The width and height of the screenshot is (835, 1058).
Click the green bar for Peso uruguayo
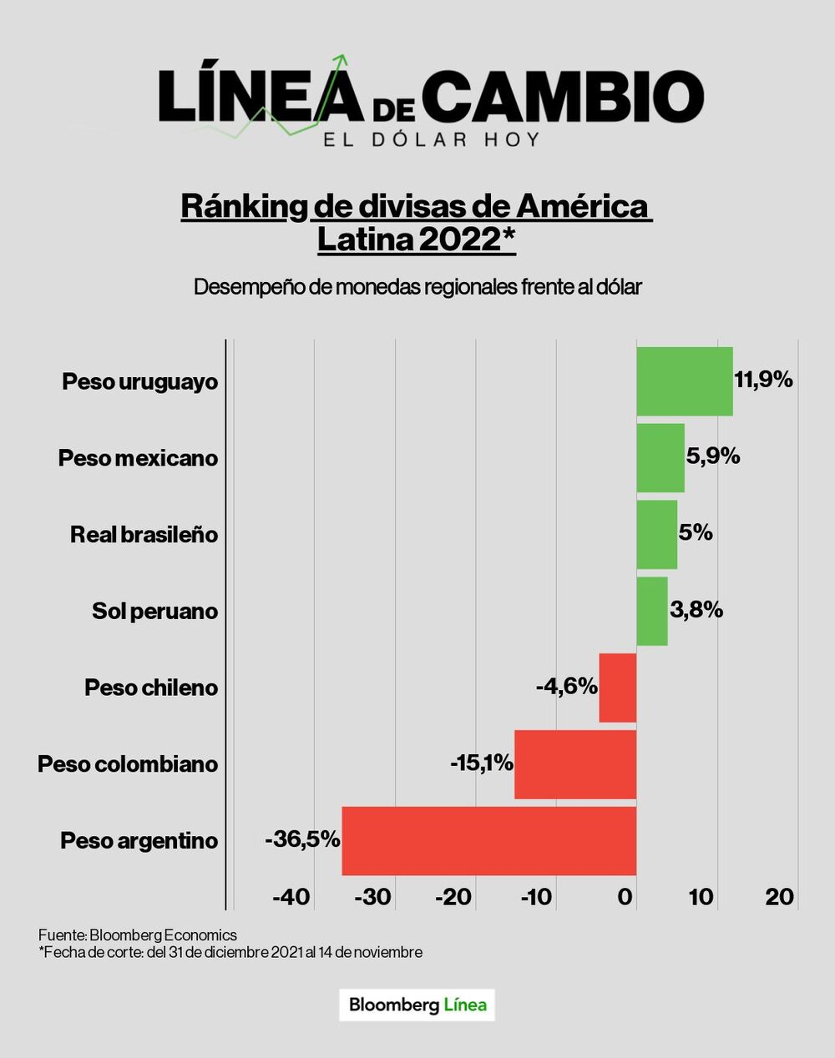coord(684,381)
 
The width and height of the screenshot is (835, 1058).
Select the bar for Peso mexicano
coord(660,458)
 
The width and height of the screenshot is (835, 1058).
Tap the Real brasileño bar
coord(656,535)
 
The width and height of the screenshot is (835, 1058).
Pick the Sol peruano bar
coord(652,612)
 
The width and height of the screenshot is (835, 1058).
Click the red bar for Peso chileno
coord(618,688)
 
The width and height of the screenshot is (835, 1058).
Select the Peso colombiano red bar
coord(575,764)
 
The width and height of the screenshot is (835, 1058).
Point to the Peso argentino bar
coord(489,841)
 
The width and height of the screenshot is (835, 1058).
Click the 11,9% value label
coord(763,380)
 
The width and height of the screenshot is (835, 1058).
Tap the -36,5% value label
coord(302,839)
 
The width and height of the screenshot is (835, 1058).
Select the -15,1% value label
coord(481,763)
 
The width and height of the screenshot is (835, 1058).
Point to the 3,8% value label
coord(696,610)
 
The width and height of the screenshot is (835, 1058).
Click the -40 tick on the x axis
coord(291,897)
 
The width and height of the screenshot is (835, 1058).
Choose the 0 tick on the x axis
coord(625,897)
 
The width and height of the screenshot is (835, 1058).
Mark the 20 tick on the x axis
coord(780,897)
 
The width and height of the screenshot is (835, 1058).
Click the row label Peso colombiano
coord(128,764)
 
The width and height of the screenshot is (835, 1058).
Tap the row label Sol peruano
coord(154,612)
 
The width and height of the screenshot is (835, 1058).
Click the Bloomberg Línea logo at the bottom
coord(417,1005)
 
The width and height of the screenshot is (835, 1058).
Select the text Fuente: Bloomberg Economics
coord(138,935)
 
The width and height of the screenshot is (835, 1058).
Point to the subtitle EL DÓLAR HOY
coord(432,139)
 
